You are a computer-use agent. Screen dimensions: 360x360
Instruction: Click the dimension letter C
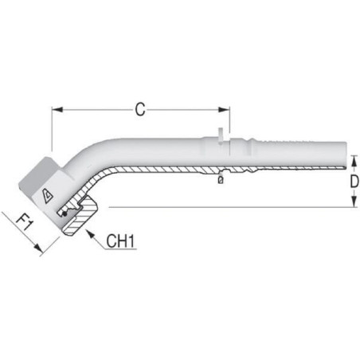pyautogui.click(x=140, y=109)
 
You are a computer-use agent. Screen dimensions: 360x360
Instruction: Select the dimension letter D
pyautogui.click(x=354, y=182)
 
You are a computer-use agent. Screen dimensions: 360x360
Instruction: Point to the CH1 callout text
pyautogui.click(x=121, y=241)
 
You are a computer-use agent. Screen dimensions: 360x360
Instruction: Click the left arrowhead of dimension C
pyautogui.click(x=57, y=109)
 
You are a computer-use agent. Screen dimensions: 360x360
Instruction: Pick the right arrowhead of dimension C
pyautogui.click(x=224, y=109)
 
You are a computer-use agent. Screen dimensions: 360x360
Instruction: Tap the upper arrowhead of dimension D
pyautogui.click(x=354, y=161)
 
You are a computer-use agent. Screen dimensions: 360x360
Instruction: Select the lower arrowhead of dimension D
pyautogui.click(x=354, y=202)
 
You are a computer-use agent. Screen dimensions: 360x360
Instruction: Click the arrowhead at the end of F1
pyautogui.click(x=38, y=248)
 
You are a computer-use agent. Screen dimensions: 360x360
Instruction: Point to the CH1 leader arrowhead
pyautogui.click(x=91, y=234)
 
